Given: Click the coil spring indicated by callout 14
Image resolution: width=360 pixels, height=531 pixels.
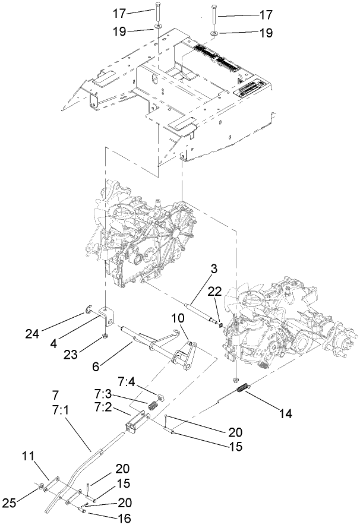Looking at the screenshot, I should [242, 389].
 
